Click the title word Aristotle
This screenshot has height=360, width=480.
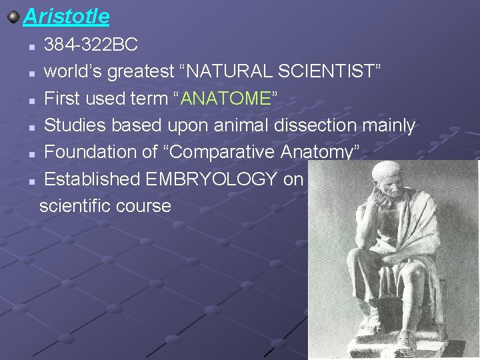(x=66, y=15)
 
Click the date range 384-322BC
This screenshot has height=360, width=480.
(x=91, y=45)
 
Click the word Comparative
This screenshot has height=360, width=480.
(x=224, y=152)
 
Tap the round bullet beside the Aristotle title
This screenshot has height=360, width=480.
(x=13, y=15)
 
